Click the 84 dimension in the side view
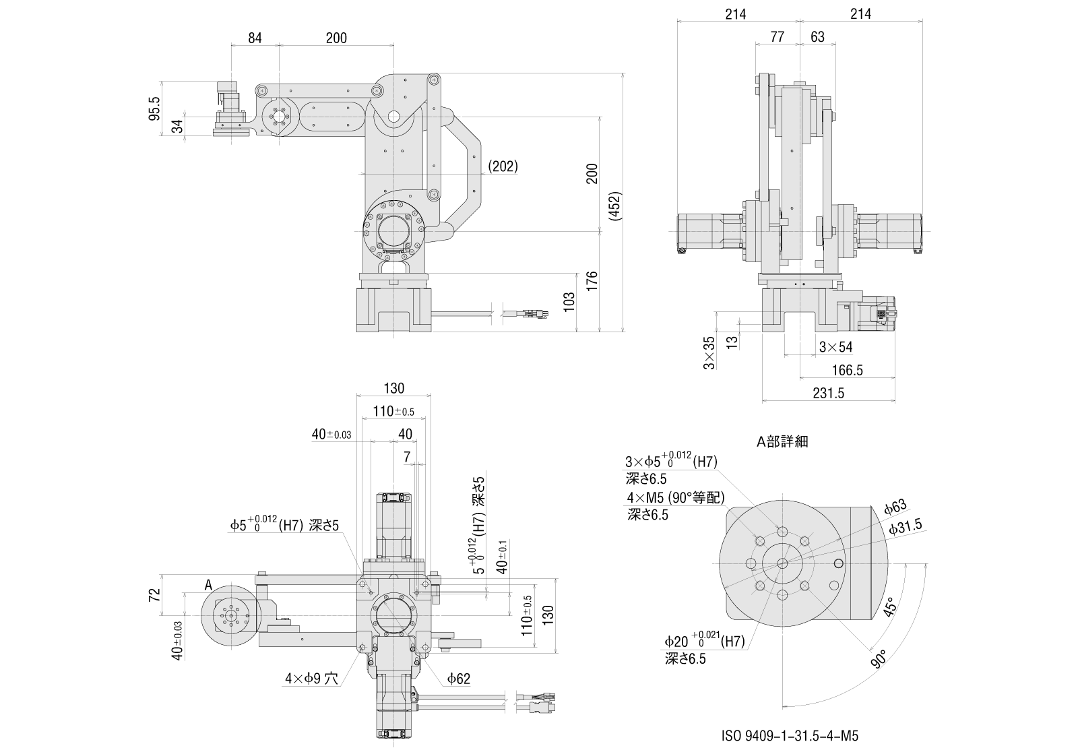click(x=254, y=38)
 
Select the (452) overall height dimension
click(x=614, y=206)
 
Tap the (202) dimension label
click(x=503, y=166)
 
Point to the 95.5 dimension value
click(x=154, y=109)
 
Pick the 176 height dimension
click(x=592, y=281)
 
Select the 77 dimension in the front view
click(x=777, y=37)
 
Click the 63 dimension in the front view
click(x=817, y=37)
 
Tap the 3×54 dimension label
click(x=835, y=347)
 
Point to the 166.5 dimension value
click(x=847, y=370)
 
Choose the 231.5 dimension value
click(x=828, y=394)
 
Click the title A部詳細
click(x=782, y=442)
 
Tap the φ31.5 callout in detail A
click(x=905, y=528)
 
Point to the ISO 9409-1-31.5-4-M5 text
click(x=789, y=736)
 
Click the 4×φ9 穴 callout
click(x=311, y=679)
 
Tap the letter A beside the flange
click(x=208, y=584)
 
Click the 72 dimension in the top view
click(x=154, y=594)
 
